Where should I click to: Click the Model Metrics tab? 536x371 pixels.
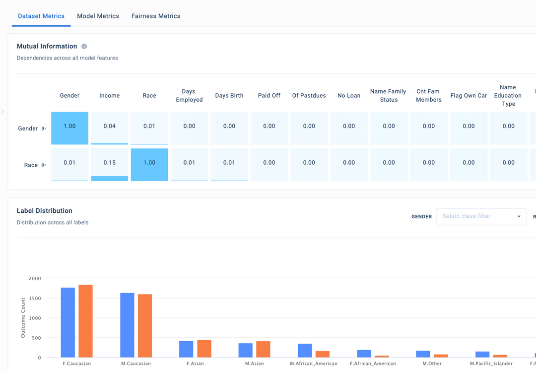click(x=98, y=16)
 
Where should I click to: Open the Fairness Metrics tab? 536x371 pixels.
click(x=156, y=16)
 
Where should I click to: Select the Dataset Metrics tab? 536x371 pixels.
click(x=41, y=16)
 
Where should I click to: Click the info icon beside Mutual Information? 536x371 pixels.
click(x=84, y=47)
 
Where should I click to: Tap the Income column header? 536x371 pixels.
click(x=110, y=96)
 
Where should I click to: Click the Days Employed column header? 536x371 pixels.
click(x=189, y=96)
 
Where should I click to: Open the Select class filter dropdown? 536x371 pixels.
click(x=481, y=216)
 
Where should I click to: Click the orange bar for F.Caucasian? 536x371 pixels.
click(x=85, y=321)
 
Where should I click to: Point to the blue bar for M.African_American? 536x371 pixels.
click(x=305, y=350)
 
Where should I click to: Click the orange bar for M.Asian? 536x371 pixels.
click(x=263, y=349)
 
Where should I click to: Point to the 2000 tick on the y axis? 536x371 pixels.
click(x=35, y=279)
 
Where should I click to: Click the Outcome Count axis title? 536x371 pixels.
click(x=23, y=318)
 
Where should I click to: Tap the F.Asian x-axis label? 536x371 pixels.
click(x=195, y=364)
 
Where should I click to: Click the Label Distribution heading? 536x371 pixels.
click(x=45, y=211)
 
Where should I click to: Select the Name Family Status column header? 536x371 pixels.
click(x=389, y=96)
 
